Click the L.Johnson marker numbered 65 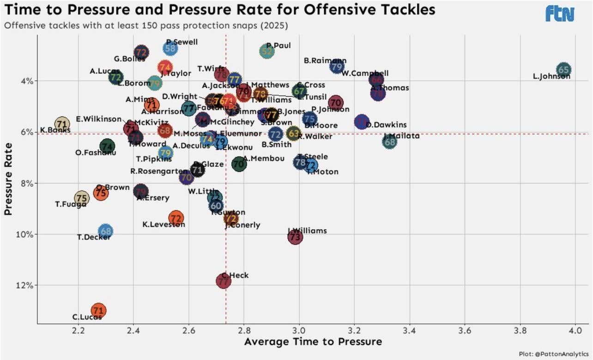(x=563, y=70)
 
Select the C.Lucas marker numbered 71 (x=98, y=310)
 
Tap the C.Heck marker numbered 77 (x=224, y=281)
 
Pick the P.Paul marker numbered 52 (x=267, y=51)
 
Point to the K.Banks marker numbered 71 (x=62, y=123)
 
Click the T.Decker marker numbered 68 (x=106, y=231)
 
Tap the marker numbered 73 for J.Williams (x=296, y=237)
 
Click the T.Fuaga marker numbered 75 (x=82, y=198)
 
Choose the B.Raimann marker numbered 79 (x=338, y=66)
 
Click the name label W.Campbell (x=365, y=73)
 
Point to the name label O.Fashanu (x=96, y=153)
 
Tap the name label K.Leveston (x=163, y=225)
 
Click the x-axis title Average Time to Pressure (x=313, y=342)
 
